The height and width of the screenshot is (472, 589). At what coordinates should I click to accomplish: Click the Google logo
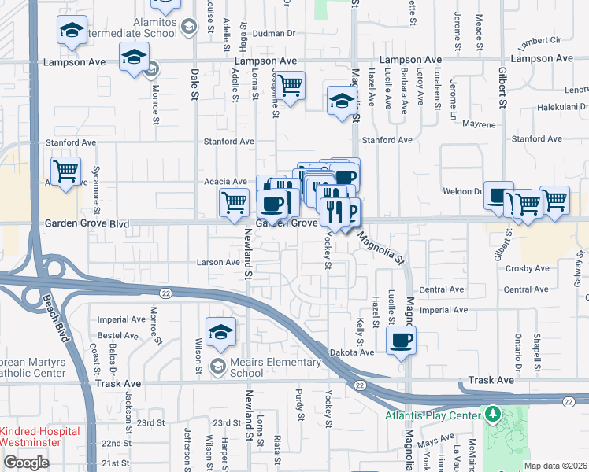click(x=25, y=463)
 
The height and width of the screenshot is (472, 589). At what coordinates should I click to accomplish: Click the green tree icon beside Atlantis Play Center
click(x=493, y=413)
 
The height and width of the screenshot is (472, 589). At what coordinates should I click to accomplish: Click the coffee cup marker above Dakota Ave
click(x=402, y=340)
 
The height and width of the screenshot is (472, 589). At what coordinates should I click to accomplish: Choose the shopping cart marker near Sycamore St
click(x=66, y=171)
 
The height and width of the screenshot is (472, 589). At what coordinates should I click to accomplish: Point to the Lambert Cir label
click(x=540, y=39)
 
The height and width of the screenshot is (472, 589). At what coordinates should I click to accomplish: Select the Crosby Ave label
click(x=527, y=268)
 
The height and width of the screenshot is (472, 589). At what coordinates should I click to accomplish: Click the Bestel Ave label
click(x=117, y=335)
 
